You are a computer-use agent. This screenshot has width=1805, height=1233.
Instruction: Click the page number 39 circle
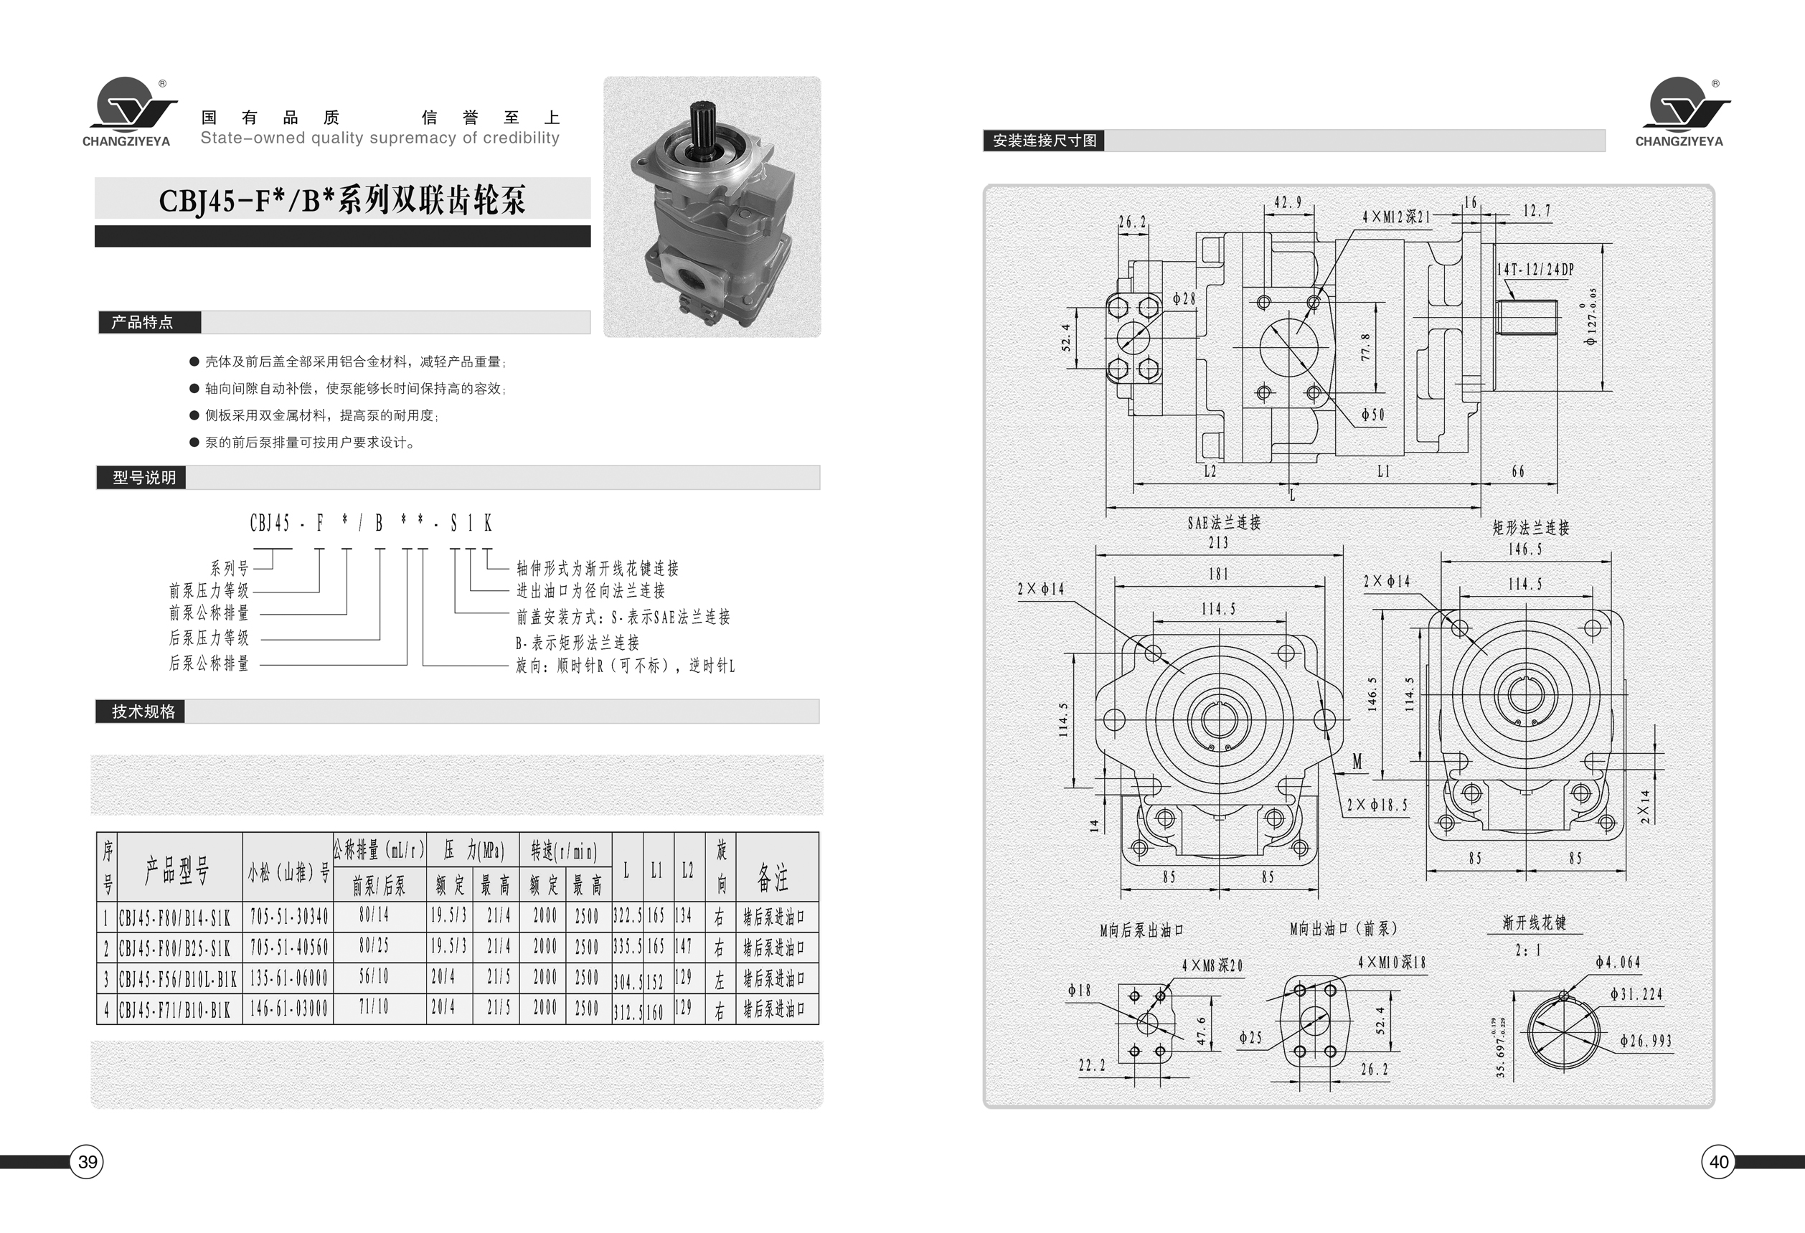(x=88, y=1162)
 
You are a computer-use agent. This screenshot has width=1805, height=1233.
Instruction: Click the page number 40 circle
(x=1719, y=1162)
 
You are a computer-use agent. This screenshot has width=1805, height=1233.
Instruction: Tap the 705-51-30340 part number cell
(x=288, y=917)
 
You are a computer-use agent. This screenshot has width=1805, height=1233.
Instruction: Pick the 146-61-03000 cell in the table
(x=288, y=1008)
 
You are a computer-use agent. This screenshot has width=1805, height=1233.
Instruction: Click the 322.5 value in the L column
(x=628, y=916)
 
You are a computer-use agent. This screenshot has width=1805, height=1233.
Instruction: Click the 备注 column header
(x=773, y=877)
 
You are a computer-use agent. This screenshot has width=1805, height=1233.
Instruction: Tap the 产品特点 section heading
(x=142, y=322)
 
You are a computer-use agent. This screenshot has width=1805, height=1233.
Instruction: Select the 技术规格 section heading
(x=143, y=712)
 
